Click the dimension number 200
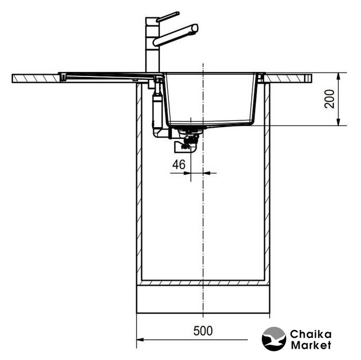(x=329, y=99)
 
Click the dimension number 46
(x=179, y=165)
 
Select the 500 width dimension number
(x=203, y=331)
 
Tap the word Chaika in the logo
(x=311, y=335)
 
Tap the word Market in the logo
(x=311, y=345)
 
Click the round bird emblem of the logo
(x=274, y=339)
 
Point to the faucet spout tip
(x=195, y=28)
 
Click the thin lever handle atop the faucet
(x=168, y=16)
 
